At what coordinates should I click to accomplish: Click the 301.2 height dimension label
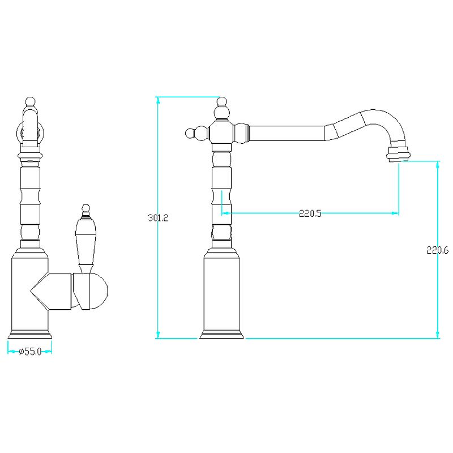[158, 217]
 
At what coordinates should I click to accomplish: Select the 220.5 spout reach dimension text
[310, 213]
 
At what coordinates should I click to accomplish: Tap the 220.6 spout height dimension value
[437, 250]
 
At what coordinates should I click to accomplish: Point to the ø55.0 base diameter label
[31, 352]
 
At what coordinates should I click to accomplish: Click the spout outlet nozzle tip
[399, 154]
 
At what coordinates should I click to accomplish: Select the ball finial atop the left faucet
[30, 102]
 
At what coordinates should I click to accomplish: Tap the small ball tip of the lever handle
[86, 208]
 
